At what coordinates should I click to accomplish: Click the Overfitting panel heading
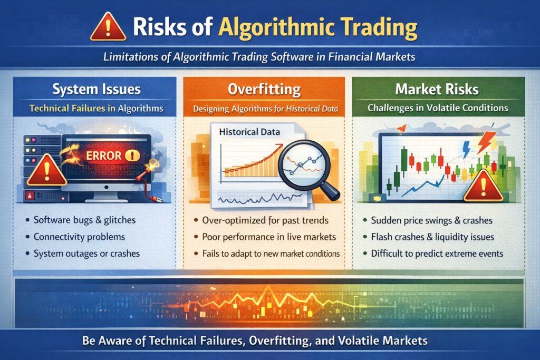(264, 89)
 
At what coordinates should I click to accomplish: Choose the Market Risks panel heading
(438, 89)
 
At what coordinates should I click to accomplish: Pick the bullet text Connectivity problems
(79, 237)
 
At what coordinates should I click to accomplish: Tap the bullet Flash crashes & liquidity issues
(432, 237)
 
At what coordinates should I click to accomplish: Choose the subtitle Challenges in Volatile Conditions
(438, 108)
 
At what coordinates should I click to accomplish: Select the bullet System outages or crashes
(86, 253)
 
